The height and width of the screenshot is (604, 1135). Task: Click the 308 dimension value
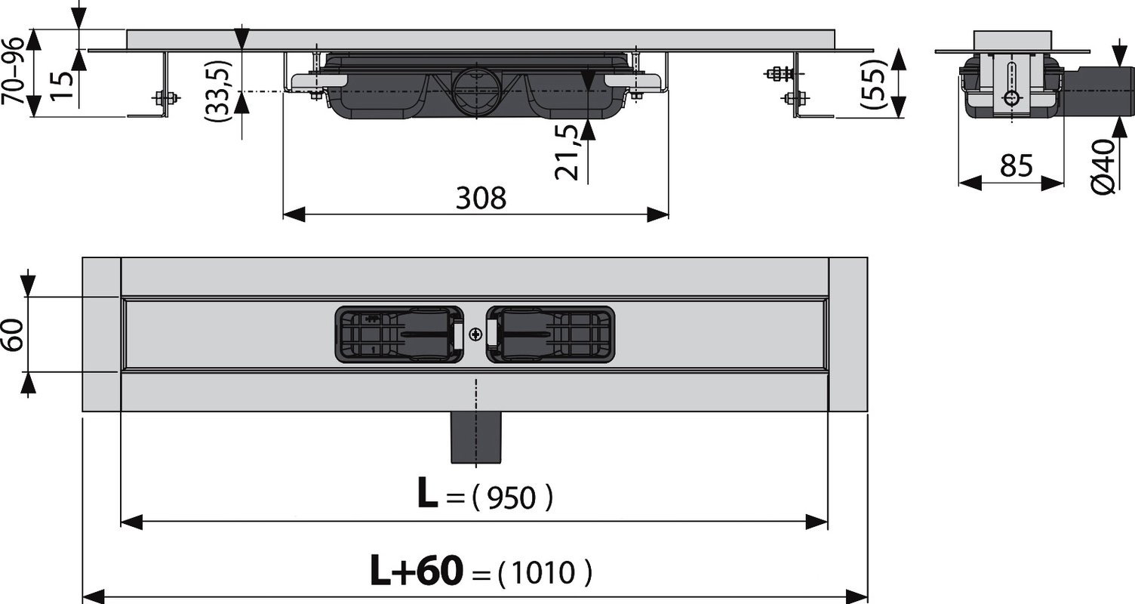[481, 198]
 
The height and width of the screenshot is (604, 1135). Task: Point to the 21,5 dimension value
[567, 153]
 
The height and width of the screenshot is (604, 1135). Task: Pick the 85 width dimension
[1017, 165]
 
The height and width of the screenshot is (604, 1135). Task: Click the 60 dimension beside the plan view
[13, 334]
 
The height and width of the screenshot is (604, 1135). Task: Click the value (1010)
[545, 573]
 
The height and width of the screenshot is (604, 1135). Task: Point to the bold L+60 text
[417, 571]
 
